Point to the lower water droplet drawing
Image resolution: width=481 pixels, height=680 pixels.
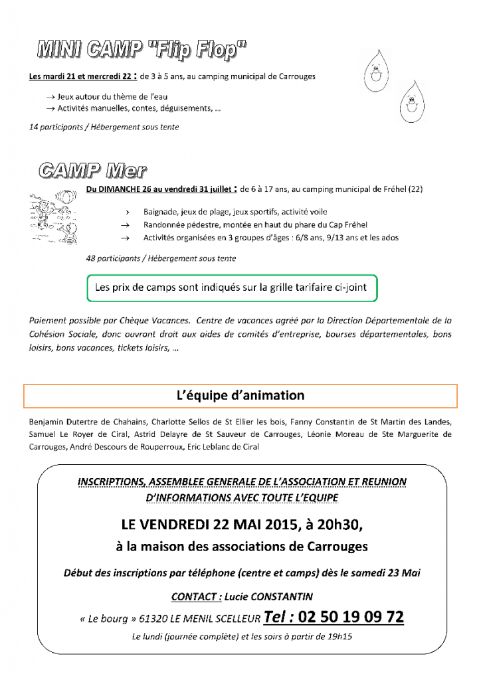411,103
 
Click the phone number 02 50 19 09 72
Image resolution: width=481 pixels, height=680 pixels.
351,617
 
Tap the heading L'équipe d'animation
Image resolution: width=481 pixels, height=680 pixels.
241,395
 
